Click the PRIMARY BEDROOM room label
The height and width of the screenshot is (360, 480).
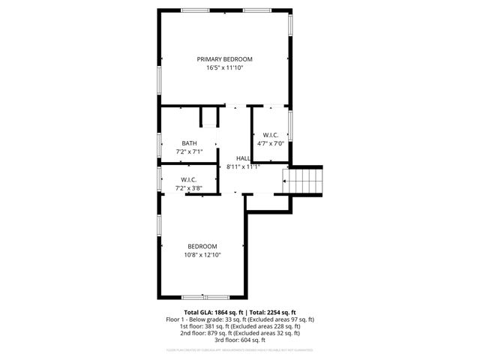click(x=224, y=59)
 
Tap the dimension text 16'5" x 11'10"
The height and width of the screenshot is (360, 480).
click(x=224, y=68)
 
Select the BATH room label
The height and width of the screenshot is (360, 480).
click(x=189, y=142)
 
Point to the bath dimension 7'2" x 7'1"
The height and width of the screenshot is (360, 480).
click(x=189, y=151)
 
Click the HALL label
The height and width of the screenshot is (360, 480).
click(x=243, y=158)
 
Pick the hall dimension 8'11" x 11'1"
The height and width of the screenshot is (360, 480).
click(x=243, y=167)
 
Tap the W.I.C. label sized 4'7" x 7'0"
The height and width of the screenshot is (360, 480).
click(x=271, y=135)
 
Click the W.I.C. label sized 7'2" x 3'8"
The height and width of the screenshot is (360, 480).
click(x=188, y=179)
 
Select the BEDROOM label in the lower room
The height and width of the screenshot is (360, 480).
click(x=202, y=247)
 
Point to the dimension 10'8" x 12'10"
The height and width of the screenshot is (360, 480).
click(x=202, y=255)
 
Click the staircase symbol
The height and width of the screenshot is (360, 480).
click(x=304, y=181)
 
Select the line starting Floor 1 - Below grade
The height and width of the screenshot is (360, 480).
click(x=239, y=319)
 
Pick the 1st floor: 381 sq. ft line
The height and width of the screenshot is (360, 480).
click(x=239, y=326)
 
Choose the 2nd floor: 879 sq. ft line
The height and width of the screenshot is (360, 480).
click(x=239, y=333)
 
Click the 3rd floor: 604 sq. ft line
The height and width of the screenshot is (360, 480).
click(x=239, y=340)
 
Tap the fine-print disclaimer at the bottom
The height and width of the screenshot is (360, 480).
click(x=239, y=349)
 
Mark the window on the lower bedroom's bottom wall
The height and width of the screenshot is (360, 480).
click(x=196, y=296)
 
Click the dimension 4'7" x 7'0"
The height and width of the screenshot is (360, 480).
click(x=271, y=143)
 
